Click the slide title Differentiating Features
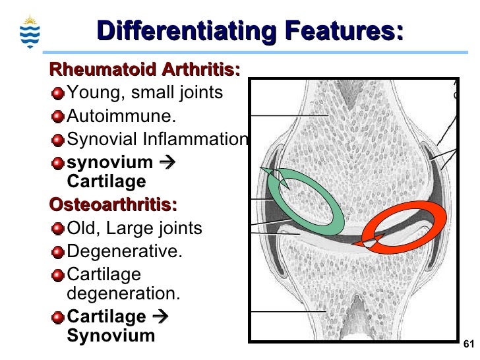point(250,31)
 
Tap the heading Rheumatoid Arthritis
point(145,69)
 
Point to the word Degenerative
point(125,251)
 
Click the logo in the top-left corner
point(30,30)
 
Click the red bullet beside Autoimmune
point(58,117)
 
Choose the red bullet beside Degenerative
point(58,252)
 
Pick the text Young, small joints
point(145,93)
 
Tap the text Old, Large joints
point(135,228)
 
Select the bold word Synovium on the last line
point(111,335)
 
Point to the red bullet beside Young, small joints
point(58,94)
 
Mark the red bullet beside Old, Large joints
point(58,229)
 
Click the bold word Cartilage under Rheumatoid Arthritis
point(106,181)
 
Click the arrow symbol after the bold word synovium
point(167,162)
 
